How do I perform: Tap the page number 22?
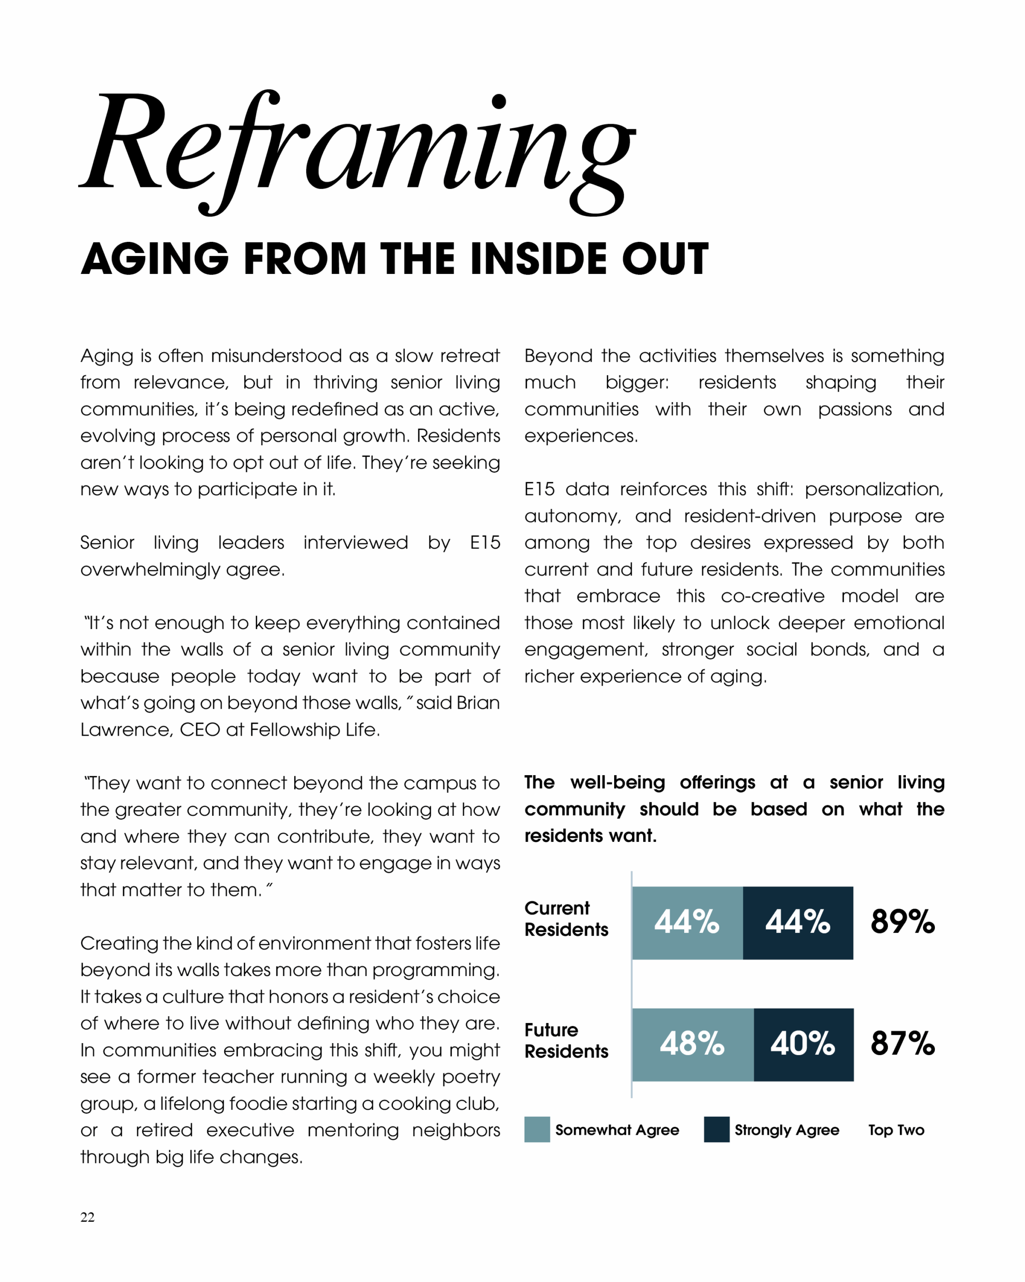point(88,1217)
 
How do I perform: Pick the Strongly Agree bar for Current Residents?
point(797,922)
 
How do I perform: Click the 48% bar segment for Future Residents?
point(692,1044)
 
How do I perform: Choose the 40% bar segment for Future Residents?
point(803,1044)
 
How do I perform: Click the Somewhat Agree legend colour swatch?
point(537,1130)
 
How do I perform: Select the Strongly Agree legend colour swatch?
point(716,1130)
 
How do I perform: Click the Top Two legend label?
point(896,1130)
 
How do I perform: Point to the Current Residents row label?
point(566,919)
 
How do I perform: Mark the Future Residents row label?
point(566,1041)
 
